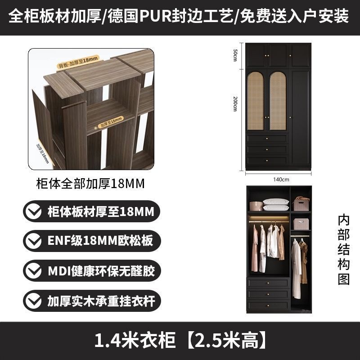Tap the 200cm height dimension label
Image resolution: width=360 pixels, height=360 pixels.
234,104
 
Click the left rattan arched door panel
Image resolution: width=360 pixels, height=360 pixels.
255,101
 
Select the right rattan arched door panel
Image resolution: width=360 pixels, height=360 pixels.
277,101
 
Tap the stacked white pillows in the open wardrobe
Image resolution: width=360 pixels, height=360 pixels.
275,205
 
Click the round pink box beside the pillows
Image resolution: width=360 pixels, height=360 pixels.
256,206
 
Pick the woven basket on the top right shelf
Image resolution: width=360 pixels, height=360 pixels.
301,204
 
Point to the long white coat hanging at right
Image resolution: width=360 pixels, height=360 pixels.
296,268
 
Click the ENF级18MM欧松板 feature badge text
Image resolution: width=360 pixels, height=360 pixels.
100,241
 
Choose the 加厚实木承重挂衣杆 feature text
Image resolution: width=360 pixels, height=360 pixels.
101,300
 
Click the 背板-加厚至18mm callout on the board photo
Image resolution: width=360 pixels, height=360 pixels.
77,63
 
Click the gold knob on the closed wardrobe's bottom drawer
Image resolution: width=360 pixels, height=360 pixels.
266,160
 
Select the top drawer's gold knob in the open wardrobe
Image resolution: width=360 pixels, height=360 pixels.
268,283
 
